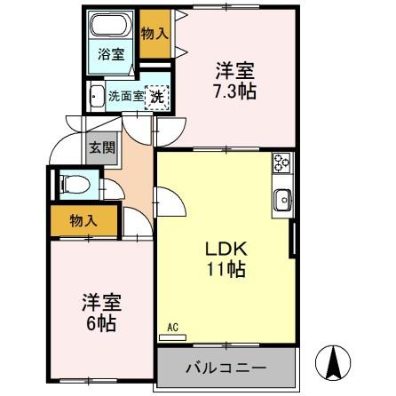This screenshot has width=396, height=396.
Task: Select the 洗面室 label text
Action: click(x=125, y=96)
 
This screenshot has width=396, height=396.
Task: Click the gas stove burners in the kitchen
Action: click(x=282, y=164)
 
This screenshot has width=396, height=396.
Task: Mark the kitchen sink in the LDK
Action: click(x=282, y=200)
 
